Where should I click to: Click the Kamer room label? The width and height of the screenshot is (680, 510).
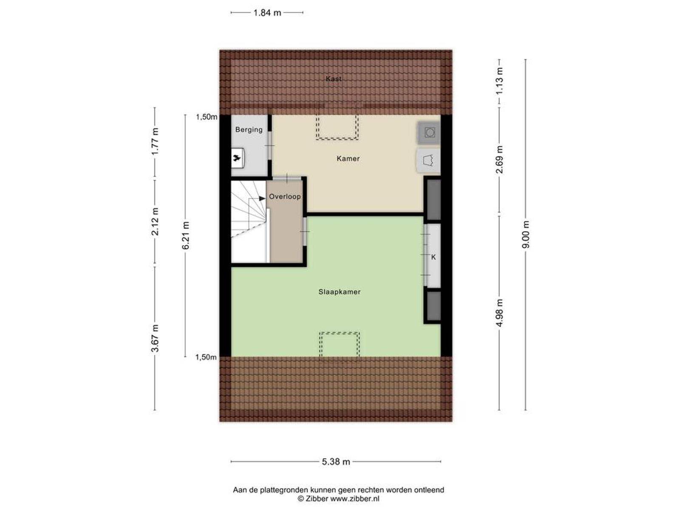pyautogui.click(x=348, y=159)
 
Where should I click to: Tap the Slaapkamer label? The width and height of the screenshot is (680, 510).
pyautogui.click(x=340, y=292)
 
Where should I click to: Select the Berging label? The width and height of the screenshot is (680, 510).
pyautogui.click(x=249, y=130)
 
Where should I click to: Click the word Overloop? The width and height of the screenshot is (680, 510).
pyautogui.click(x=285, y=197)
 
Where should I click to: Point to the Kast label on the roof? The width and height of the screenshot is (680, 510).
pyautogui.click(x=334, y=79)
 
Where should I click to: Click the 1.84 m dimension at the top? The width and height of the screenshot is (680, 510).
pyautogui.click(x=267, y=13)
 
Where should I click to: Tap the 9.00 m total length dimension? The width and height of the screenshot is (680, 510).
pyautogui.click(x=526, y=235)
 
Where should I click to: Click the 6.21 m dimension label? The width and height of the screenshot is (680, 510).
pyautogui.click(x=186, y=235)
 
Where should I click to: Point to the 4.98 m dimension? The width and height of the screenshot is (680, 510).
pyautogui.click(x=499, y=313)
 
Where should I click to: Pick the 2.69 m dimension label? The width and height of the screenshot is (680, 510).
pyautogui.click(x=499, y=159)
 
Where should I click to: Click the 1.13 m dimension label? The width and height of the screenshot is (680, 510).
pyautogui.click(x=499, y=81)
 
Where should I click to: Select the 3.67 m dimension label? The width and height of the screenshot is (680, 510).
pyautogui.click(x=155, y=338)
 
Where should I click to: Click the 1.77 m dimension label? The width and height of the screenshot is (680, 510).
pyautogui.click(x=155, y=142)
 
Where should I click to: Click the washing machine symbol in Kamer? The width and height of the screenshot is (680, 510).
pyautogui.click(x=429, y=133)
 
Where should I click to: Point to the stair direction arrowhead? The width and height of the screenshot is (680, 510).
pyautogui.click(x=262, y=198)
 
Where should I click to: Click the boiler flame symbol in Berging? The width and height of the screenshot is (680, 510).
pyautogui.click(x=237, y=158)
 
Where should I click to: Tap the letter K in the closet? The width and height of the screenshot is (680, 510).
pyautogui.click(x=433, y=257)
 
